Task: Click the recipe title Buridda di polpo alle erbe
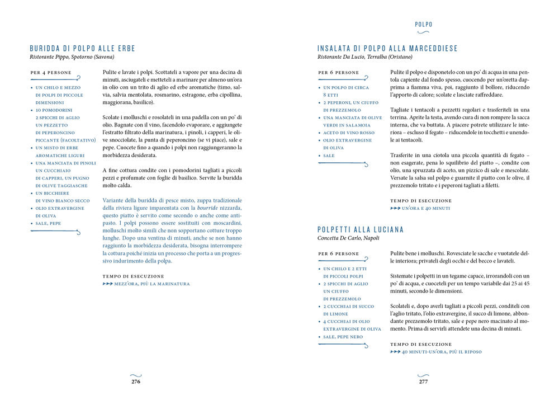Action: coord(83,48)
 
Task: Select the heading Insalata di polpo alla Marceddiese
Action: coord(387,48)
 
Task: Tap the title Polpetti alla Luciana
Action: coord(361,229)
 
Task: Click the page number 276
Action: coord(135,382)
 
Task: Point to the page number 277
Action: coord(423,382)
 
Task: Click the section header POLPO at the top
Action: coord(423,24)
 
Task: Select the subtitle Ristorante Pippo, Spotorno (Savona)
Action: coord(72,57)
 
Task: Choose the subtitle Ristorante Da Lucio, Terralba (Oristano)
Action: coord(364,57)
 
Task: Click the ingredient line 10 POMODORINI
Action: coord(54,111)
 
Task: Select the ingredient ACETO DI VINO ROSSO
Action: coord(348,133)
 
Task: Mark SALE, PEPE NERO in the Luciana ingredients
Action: coord(343,337)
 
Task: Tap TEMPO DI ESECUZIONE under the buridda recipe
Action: coord(134,276)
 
